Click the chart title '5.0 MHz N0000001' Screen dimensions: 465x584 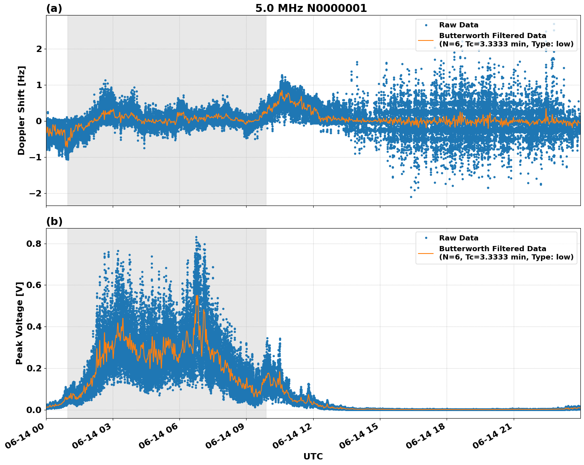(x=311, y=8)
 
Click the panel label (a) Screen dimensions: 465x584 (x=54, y=8)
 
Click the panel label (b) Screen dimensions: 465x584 (x=54, y=221)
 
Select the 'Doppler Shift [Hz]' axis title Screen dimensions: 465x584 (x=21, y=110)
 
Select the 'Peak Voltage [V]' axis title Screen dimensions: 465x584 (x=19, y=323)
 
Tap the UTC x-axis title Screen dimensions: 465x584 (x=313, y=456)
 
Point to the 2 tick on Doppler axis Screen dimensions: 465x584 (x=39, y=49)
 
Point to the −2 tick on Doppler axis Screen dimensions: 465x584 (x=36, y=193)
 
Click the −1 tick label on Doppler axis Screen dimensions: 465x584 (x=36, y=157)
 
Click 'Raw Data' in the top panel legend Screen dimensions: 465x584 (x=459, y=25)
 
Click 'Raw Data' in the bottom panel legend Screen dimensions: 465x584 (x=459, y=238)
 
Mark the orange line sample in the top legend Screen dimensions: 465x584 (x=426, y=40)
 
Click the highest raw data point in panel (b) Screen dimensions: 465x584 (x=196, y=237)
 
